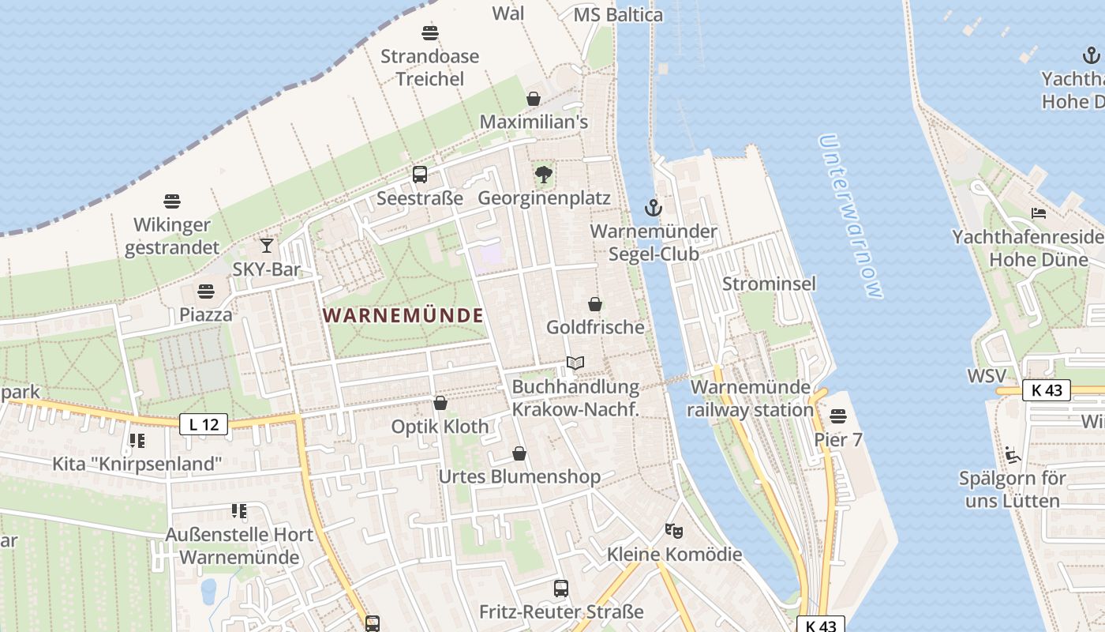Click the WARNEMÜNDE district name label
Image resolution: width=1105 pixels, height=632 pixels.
(403, 315)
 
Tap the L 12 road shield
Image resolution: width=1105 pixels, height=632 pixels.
(204, 424)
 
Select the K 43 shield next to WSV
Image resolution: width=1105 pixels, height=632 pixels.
(1047, 389)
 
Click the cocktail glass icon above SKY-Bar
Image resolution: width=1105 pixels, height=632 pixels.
(267, 246)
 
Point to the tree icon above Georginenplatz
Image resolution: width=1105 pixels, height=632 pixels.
(543, 174)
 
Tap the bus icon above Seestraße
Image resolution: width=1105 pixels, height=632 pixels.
(420, 175)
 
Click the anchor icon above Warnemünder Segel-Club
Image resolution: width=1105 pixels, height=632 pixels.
(653, 208)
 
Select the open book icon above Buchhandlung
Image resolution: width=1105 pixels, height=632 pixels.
(575, 363)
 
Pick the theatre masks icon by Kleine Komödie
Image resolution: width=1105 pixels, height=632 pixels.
(673, 530)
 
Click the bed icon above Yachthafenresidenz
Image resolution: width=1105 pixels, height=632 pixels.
(1039, 213)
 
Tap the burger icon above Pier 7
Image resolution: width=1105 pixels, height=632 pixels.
(838, 416)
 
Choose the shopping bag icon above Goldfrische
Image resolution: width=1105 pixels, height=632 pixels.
(595, 304)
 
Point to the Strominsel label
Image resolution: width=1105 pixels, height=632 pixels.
(769, 284)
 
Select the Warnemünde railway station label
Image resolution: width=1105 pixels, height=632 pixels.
(750, 398)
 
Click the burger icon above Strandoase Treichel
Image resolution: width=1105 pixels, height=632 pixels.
(430, 33)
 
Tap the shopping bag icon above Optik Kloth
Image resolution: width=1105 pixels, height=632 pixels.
(440, 403)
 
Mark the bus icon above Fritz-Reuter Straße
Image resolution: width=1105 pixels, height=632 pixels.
(561, 589)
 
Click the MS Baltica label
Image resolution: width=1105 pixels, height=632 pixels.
(618, 15)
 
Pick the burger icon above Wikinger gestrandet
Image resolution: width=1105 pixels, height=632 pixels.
(172, 201)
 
